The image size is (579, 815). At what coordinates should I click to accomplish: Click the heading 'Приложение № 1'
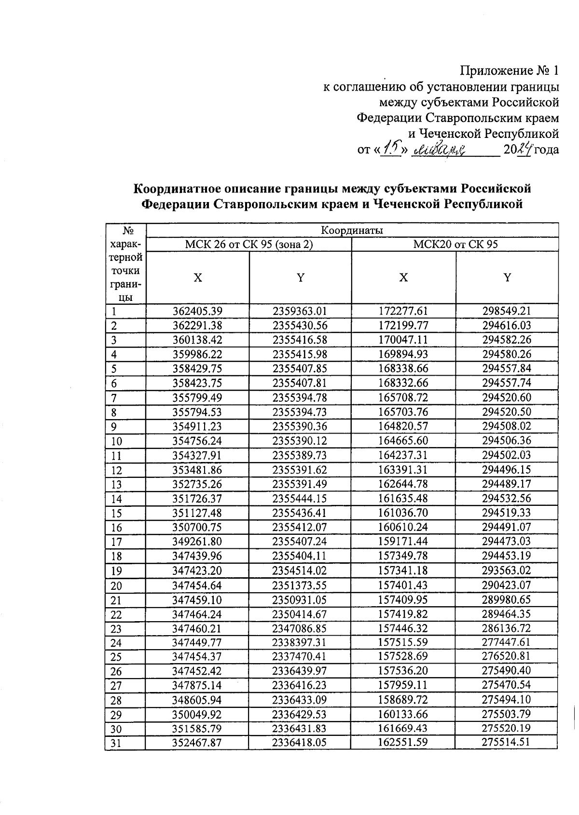pyautogui.click(x=509, y=71)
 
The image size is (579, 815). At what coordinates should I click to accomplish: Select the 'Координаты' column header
pyautogui.click(x=352, y=230)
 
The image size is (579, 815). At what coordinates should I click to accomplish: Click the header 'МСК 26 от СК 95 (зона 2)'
pyautogui.click(x=249, y=244)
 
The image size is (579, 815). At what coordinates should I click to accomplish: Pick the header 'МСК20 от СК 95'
pyautogui.click(x=455, y=244)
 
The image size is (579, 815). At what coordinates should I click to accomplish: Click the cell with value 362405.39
pyautogui.click(x=197, y=311)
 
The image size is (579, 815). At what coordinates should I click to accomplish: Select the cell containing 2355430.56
pyautogui.click(x=300, y=326)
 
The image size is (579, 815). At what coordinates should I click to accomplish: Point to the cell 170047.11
pyautogui.click(x=403, y=340)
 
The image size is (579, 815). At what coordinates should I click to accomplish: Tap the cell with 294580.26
pyautogui.click(x=507, y=354)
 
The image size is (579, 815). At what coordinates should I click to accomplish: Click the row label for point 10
pyautogui.click(x=117, y=441)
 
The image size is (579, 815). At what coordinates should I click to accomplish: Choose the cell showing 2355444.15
pyautogui.click(x=300, y=499)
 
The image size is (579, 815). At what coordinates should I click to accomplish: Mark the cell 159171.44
pyautogui.click(x=403, y=542)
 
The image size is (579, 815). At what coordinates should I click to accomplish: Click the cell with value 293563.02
pyautogui.click(x=507, y=570)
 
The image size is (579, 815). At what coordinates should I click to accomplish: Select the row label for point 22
pyautogui.click(x=117, y=614)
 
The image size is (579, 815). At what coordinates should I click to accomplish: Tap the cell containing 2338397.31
pyautogui.click(x=300, y=642)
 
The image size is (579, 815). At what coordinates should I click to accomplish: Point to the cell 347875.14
pyautogui.click(x=197, y=685)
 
